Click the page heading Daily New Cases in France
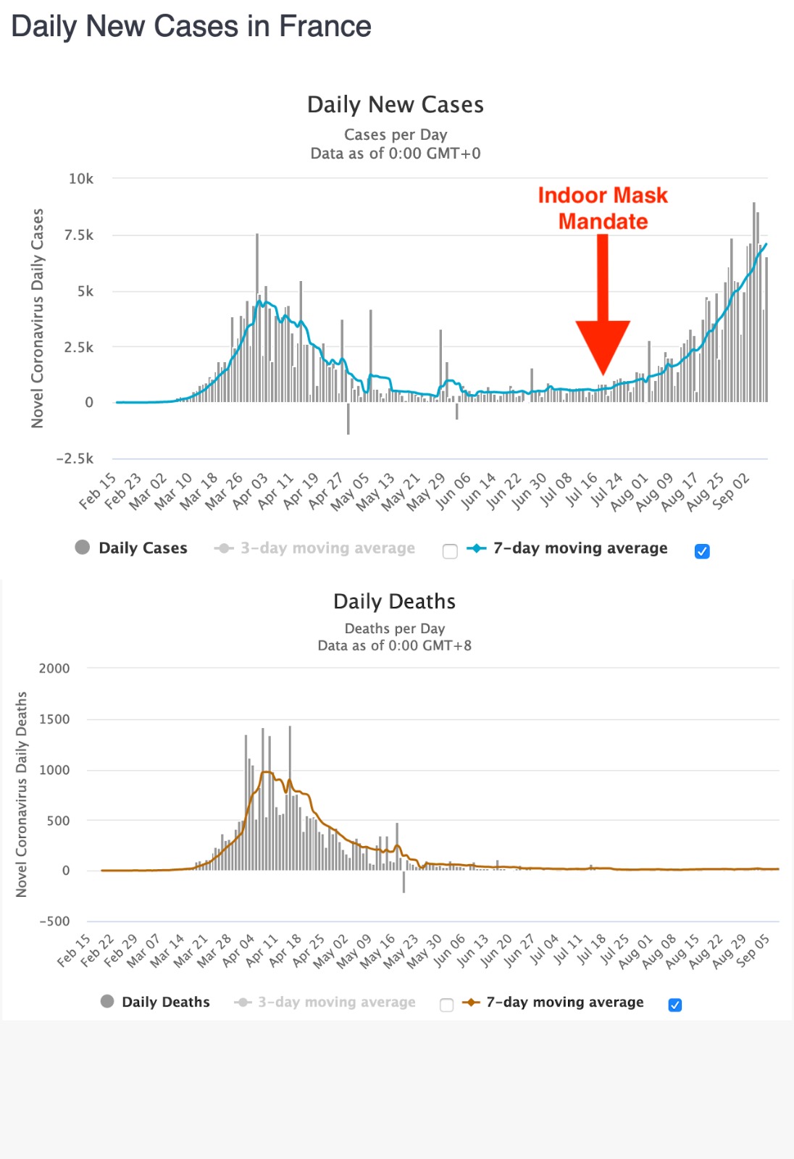coord(191,27)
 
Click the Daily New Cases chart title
coord(395,105)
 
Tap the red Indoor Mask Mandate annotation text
coord(602,208)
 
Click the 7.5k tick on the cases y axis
coord(79,235)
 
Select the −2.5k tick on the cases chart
coord(75,459)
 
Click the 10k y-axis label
coord(81,179)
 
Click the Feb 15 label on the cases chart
coord(98,491)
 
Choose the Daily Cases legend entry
coord(131,548)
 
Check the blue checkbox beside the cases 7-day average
coord(702,551)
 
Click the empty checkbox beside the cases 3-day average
coord(450,551)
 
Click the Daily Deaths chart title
coord(394,601)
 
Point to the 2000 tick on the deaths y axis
coord(54,669)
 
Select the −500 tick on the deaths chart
coord(54,921)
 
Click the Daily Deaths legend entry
coord(155,1002)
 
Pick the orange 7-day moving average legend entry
coord(554,1002)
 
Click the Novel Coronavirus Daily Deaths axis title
coord(22,794)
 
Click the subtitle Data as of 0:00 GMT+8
coord(394,645)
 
